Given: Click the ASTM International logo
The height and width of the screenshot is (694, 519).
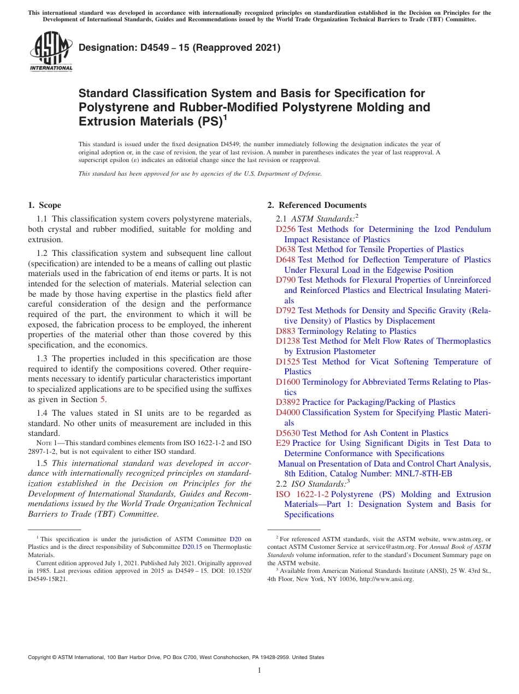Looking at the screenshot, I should coord(50,52).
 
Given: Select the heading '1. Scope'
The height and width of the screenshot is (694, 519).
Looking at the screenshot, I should coord(44,205).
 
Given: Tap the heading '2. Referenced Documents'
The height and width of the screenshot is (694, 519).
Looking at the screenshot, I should coord(316,205).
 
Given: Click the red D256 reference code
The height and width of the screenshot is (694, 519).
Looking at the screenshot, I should coord(286,229).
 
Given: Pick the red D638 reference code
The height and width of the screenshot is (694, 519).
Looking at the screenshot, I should coord(286,249).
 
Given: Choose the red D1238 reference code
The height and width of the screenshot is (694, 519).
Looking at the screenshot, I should coord(288,341).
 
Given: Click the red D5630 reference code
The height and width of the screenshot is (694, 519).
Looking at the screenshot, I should coord(288,433).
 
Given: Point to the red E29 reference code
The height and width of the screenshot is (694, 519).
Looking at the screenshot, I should coord(283,443).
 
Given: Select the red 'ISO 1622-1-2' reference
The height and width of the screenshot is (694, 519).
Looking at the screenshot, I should coord(302,494).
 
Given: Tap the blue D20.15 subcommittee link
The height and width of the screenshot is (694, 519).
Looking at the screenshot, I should coord(192,547).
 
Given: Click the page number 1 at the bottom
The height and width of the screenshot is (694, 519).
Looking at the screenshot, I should coord(259,671).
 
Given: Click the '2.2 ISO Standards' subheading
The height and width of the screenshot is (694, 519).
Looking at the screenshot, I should coord(311,484).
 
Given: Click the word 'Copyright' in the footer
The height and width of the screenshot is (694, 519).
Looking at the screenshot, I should coord(42,657).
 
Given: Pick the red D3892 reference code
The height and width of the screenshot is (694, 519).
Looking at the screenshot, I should coord(288,402).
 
